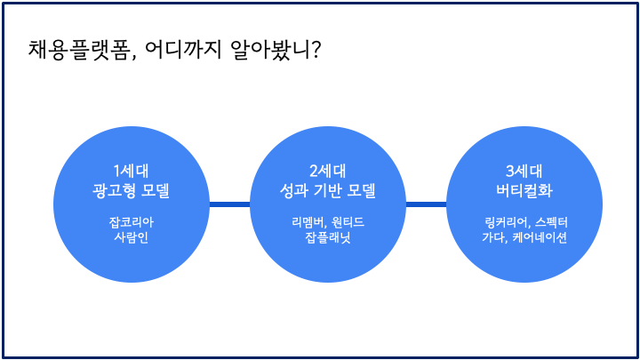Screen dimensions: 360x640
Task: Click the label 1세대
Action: tap(131, 172)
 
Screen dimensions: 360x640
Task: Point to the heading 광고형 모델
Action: tap(131, 191)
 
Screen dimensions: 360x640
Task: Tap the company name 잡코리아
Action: tap(131, 222)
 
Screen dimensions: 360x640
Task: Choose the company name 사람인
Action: tap(131, 238)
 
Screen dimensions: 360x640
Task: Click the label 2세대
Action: tap(327, 172)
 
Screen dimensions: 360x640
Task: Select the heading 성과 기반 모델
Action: tap(327, 191)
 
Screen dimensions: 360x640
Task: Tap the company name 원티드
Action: tap(348, 222)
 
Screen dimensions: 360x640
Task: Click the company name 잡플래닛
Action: tap(327, 238)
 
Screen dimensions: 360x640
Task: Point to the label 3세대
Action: tap(524, 172)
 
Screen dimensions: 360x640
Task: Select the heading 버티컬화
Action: tap(524, 191)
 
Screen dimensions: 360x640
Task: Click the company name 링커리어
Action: tap(496, 222)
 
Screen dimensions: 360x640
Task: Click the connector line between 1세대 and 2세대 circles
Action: tap(228, 204)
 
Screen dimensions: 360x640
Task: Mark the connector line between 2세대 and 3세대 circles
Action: tap(426, 204)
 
